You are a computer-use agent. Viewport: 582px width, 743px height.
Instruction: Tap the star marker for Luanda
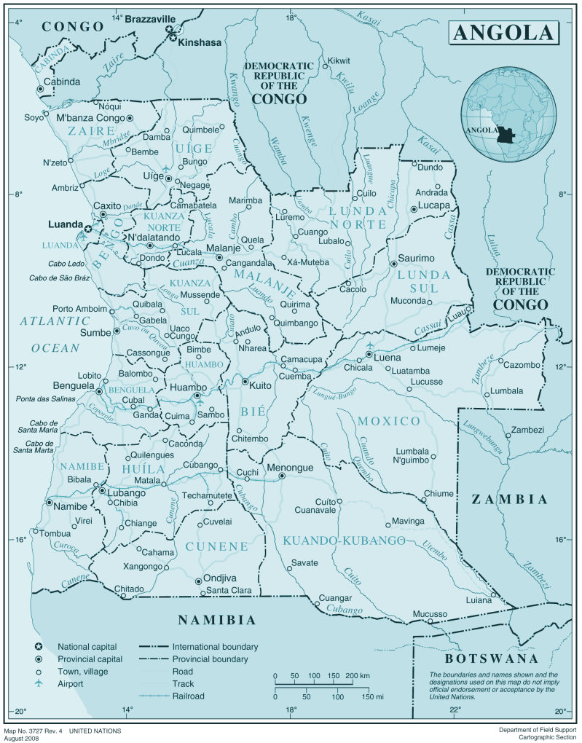88,229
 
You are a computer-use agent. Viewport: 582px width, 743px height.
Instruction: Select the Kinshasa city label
200,42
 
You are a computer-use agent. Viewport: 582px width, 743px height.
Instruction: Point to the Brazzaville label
152,20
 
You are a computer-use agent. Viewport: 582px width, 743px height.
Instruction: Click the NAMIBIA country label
217,621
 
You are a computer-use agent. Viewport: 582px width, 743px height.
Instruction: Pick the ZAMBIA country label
509,499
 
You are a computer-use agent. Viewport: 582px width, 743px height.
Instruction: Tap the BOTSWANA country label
492,659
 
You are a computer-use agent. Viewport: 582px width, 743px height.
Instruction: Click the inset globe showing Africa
508,117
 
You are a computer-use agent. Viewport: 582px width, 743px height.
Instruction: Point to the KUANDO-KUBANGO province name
344,540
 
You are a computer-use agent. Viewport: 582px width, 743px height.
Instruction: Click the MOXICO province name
389,421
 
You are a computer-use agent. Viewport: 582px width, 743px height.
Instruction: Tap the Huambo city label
188,388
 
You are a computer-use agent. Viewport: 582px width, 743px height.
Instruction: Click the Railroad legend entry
188,696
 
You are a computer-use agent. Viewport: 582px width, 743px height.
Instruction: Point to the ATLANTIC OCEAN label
55,334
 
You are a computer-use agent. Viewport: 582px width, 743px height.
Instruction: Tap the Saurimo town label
417,258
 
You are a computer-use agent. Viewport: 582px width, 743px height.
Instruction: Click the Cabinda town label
62,82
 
